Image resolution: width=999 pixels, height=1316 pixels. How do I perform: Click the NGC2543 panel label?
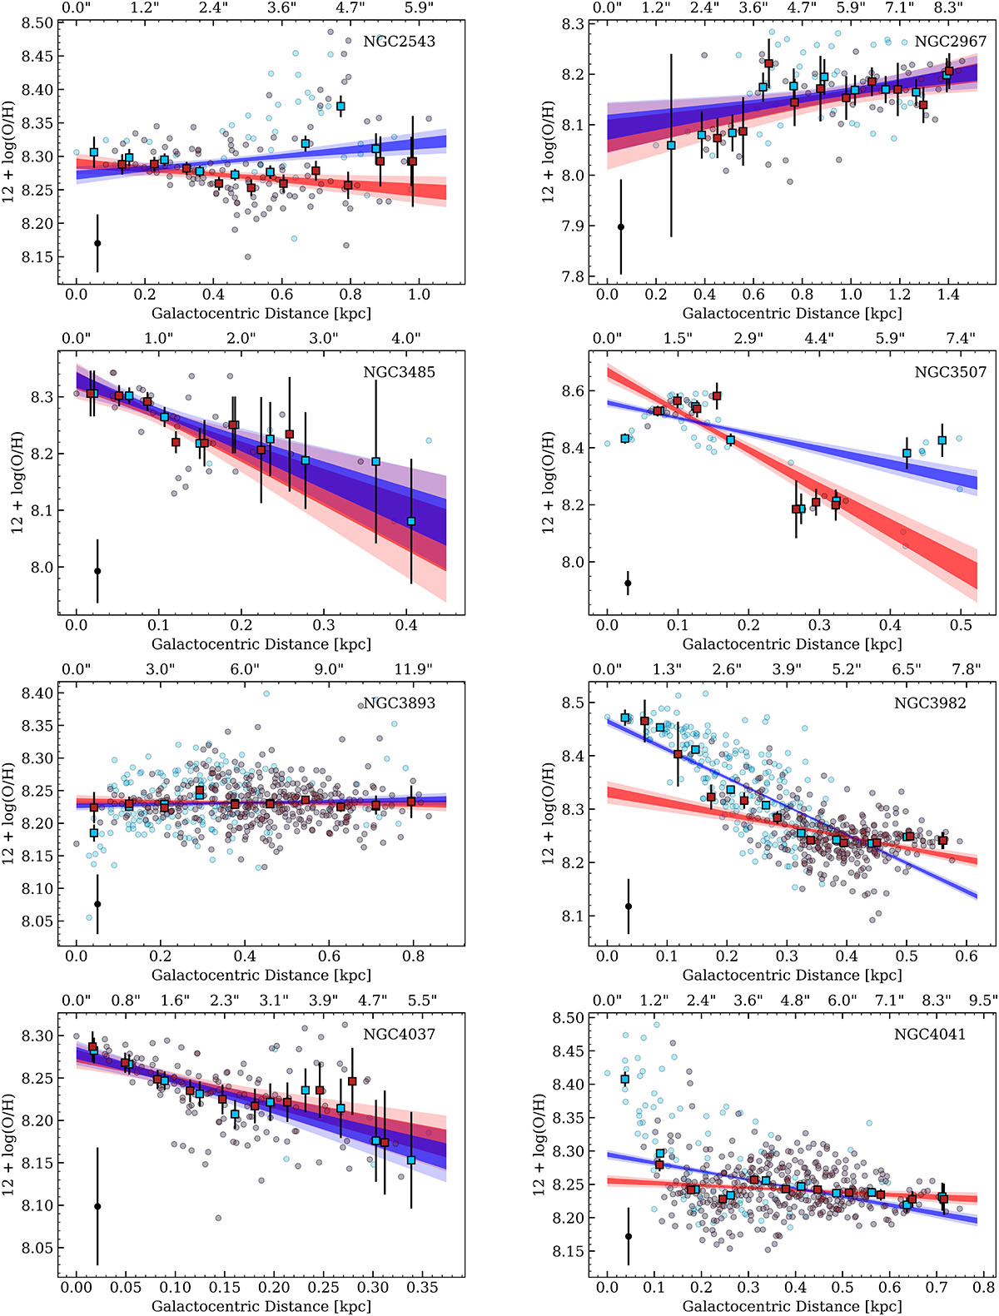point(399,41)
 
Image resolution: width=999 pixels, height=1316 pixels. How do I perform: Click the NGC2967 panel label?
point(950,41)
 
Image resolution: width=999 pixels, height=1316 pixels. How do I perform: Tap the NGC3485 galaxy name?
point(399,372)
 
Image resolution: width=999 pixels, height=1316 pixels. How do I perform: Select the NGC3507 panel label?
point(950,372)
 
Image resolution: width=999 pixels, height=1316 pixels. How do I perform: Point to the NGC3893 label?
point(399,703)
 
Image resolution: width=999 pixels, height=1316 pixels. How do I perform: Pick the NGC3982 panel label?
point(930,703)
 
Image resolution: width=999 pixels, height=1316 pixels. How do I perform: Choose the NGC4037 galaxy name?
point(399,1034)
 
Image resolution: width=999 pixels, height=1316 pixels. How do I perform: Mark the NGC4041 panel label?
point(930,1034)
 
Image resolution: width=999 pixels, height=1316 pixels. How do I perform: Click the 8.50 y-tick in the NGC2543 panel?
point(37,23)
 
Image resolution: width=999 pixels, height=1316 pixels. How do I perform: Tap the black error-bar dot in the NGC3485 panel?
point(97,571)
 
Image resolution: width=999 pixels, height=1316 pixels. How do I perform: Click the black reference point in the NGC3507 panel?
point(628,583)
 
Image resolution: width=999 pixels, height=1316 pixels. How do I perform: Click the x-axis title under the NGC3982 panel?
point(792,975)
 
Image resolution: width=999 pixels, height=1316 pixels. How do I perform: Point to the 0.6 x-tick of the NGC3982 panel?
point(967,956)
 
